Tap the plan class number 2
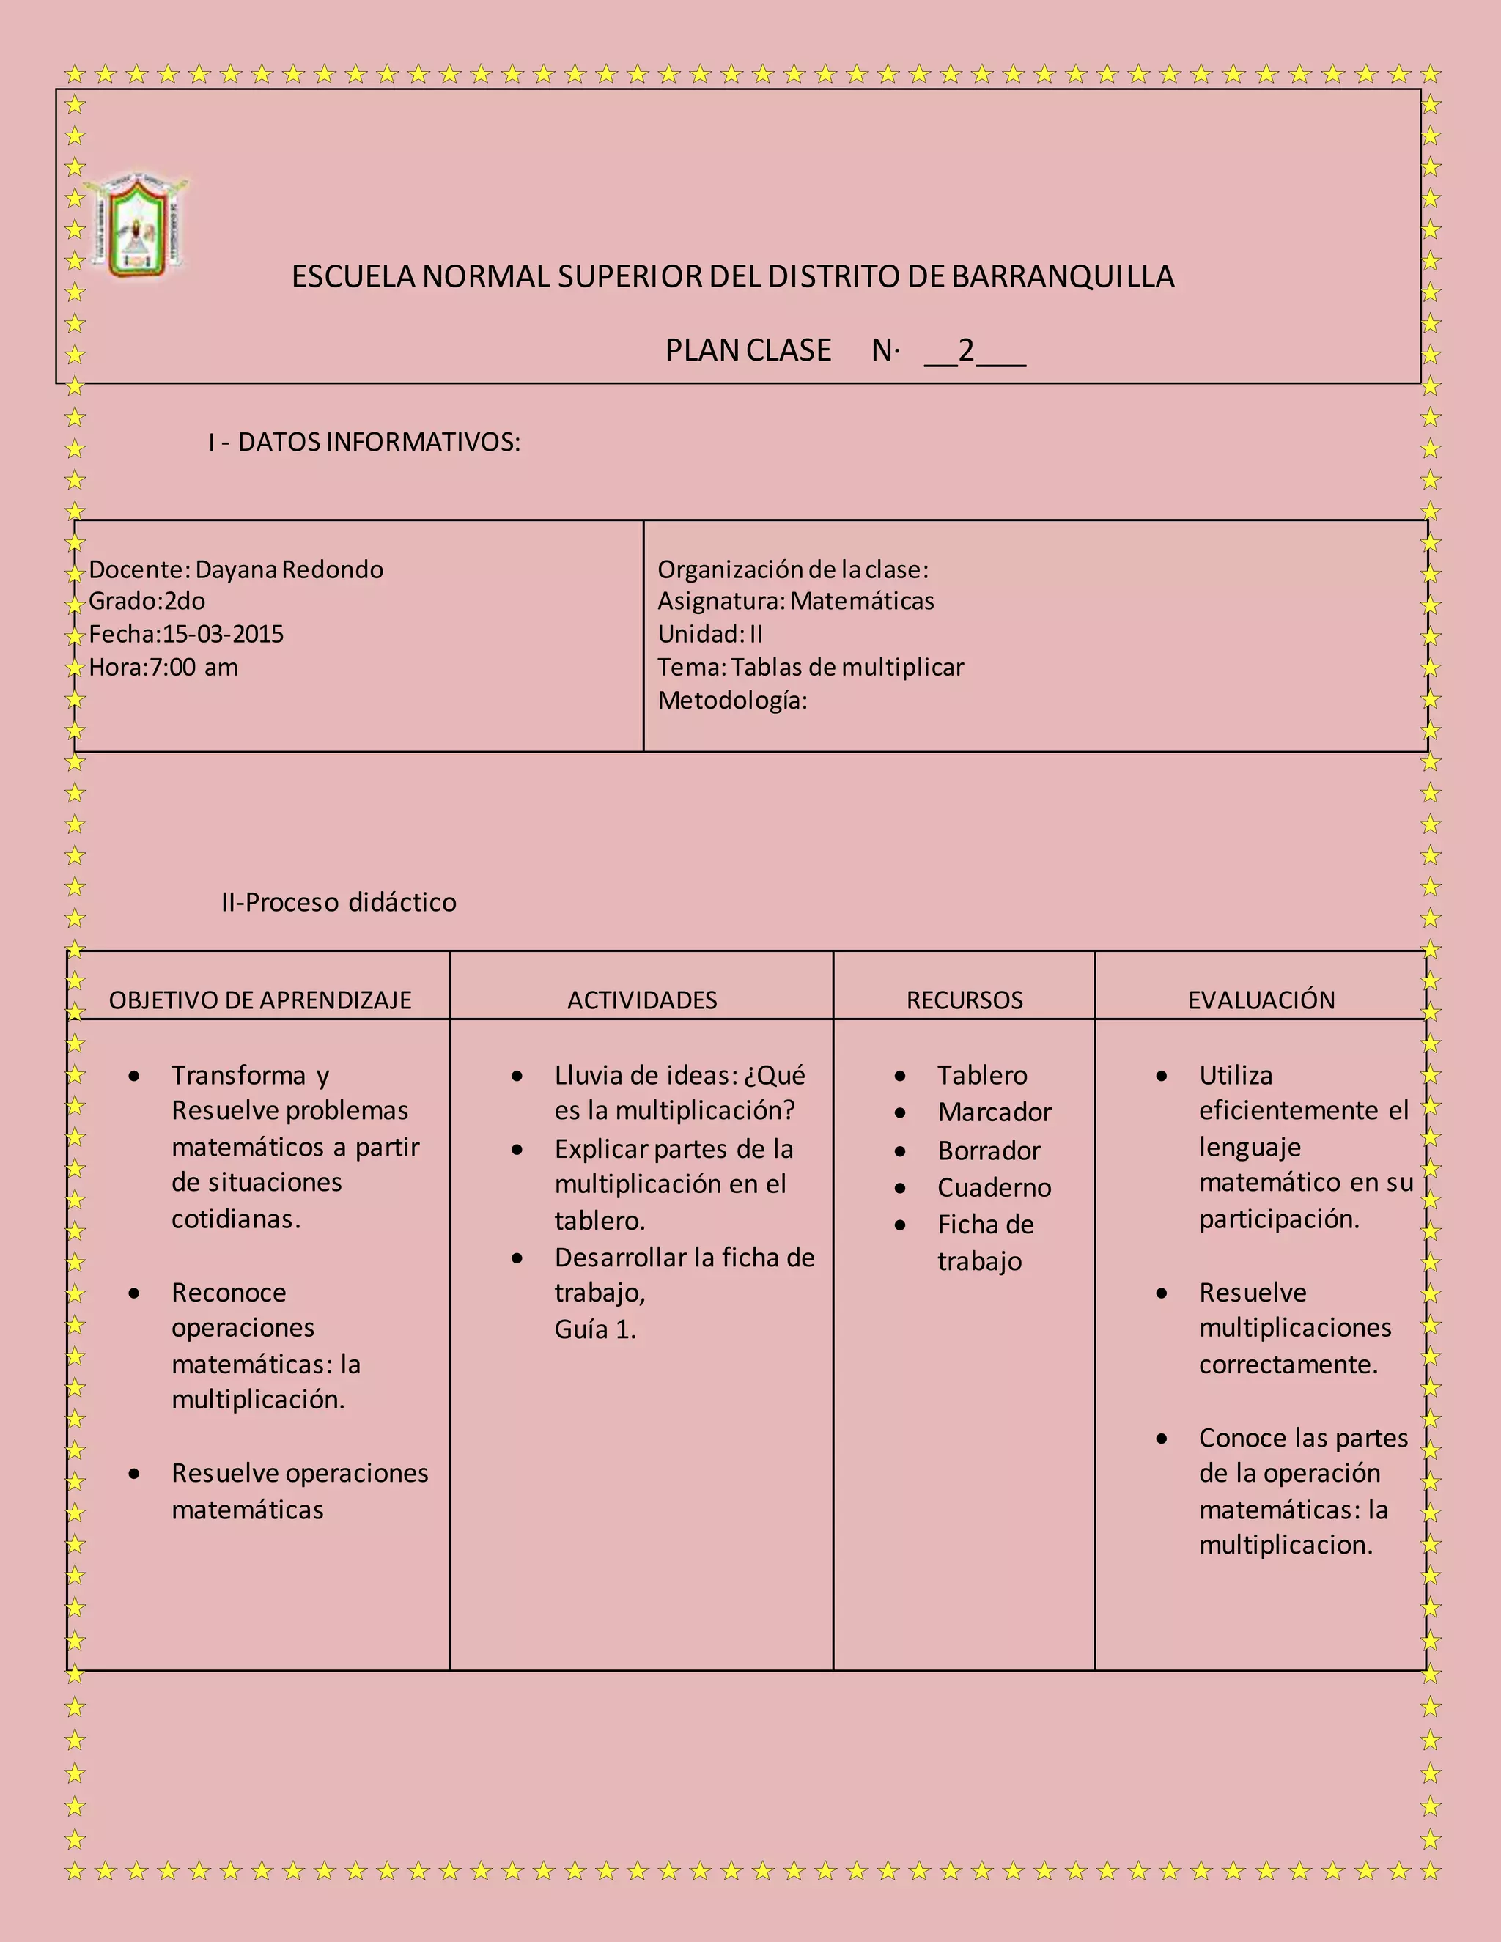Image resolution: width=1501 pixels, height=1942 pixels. click(x=966, y=350)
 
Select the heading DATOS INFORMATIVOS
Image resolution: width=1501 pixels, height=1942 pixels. click(x=379, y=442)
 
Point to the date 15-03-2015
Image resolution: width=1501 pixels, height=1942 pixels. click(x=224, y=634)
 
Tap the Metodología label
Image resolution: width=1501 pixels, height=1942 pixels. click(x=732, y=701)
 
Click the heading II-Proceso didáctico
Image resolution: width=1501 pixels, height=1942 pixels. click(x=339, y=903)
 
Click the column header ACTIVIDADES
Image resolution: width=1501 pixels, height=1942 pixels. click(x=642, y=1000)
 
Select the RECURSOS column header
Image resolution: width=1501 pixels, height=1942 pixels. click(x=965, y=1000)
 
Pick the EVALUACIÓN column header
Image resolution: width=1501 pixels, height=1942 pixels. click(x=1262, y=1000)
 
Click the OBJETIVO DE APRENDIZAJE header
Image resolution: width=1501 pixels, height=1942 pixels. click(x=259, y=1000)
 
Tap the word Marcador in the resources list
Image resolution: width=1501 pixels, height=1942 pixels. click(x=994, y=1112)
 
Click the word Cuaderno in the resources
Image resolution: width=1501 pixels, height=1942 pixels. click(x=994, y=1188)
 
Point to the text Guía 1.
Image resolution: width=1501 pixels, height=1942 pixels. click(x=595, y=1329)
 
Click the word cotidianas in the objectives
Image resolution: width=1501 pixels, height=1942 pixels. click(x=235, y=1219)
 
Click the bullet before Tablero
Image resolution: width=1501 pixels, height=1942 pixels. click(x=900, y=1077)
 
